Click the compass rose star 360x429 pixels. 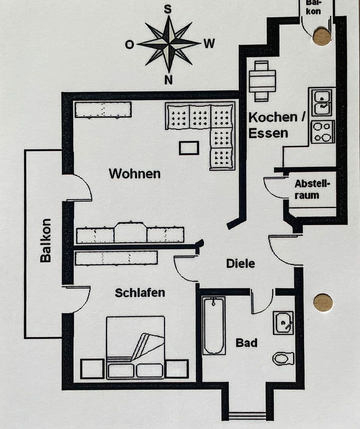[168, 43]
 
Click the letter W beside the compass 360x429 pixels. [209, 44]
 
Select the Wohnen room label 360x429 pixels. [135, 174]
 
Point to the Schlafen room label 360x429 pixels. [140, 293]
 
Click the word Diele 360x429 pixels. [240, 263]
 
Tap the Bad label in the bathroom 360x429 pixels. [246, 342]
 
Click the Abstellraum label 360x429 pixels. [312, 189]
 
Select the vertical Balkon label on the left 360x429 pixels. [46, 240]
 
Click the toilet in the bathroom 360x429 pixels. [283, 358]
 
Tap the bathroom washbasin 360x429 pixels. [283, 323]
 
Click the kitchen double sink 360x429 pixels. [322, 102]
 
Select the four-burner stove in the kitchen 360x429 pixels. [322, 132]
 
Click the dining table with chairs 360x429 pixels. [262, 81]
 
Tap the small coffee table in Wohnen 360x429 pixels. [189, 148]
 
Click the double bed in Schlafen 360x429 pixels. [135, 346]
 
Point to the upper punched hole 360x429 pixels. [321, 37]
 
